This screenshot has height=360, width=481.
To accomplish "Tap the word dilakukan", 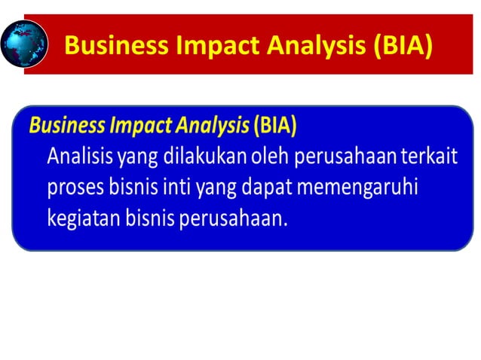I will pyautogui.click(x=191, y=157).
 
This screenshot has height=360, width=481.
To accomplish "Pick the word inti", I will pyautogui.click(x=179, y=187).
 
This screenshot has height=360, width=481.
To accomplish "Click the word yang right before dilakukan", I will pyautogui.click(x=131, y=157).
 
